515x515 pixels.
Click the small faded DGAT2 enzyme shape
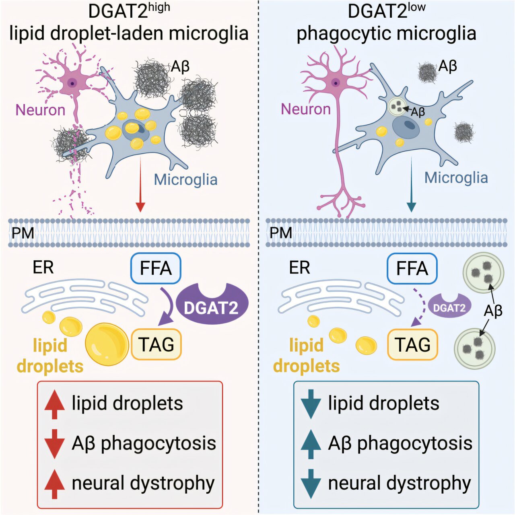coord(449,307)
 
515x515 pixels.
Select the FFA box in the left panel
coord(156,268)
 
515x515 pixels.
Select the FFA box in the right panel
coord(412,268)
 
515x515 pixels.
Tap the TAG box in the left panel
coord(156,344)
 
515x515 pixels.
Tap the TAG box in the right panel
coord(412,344)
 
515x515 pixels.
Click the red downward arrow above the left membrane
coord(140,185)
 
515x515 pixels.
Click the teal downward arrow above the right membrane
coord(411,185)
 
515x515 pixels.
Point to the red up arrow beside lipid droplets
coord(54,404)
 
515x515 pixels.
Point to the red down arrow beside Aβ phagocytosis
coord(54,444)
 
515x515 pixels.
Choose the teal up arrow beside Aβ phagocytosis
coord(311,444)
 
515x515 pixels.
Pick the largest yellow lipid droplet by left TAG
coord(107,344)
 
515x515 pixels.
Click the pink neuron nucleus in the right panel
coord(336,83)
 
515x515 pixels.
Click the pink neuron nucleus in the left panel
coord(72,83)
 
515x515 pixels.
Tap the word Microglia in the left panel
coord(185,179)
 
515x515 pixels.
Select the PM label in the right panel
coord(280,233)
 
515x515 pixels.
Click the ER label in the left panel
coord(43,267)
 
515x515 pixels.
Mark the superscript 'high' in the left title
coord(159,8)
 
